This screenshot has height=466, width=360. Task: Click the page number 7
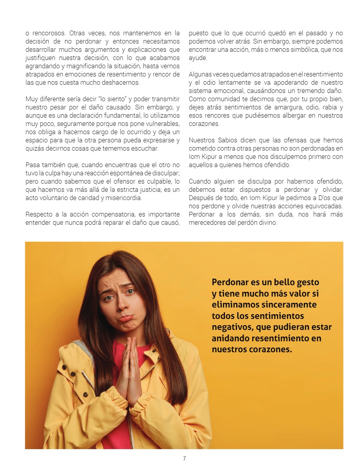(184, 459)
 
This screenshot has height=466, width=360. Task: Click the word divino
(267, 222)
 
